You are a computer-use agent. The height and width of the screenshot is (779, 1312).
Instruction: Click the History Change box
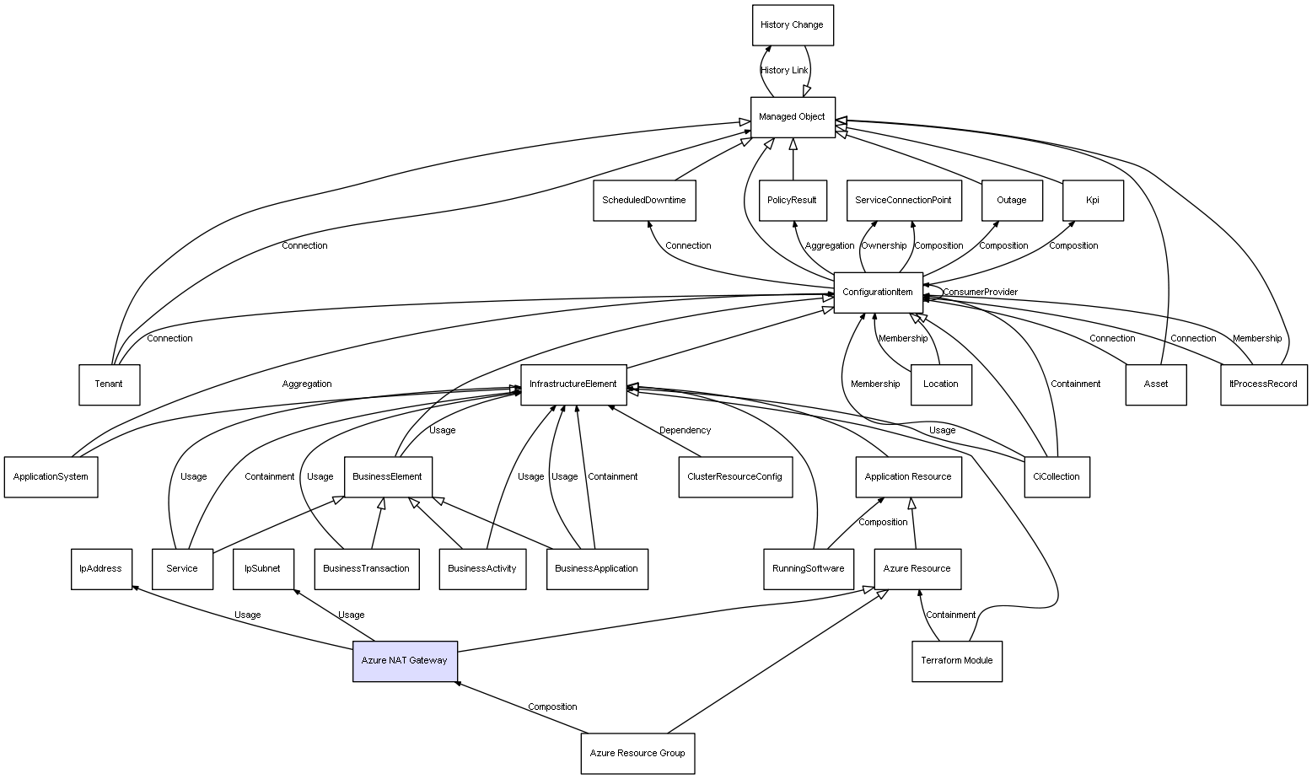tap(793, 25)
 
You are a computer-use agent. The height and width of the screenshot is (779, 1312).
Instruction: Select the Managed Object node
tap(793, 117)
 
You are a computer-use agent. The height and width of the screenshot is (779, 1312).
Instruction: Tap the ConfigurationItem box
tap(878, 293)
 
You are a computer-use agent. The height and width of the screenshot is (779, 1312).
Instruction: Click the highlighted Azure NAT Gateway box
tap(405, 661)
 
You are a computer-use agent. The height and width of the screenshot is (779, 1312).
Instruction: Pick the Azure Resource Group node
tap(637, 754)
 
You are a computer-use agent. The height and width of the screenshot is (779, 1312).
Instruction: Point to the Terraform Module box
tap(957, 661)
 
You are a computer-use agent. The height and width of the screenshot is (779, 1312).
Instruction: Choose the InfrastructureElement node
tap(573, 384)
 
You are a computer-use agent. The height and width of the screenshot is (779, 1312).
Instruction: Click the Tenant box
tap(109, 384)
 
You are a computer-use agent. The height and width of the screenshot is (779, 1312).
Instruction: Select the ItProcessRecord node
tap(1263, 384)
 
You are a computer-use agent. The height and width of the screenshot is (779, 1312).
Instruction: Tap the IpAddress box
tap(101, 569)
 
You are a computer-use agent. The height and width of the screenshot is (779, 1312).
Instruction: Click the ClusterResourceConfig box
tap(735, 477)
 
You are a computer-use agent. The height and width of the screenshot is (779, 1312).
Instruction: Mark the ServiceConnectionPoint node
tap(903, 201)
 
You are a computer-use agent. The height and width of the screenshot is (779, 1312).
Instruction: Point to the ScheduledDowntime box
tap(644, 201)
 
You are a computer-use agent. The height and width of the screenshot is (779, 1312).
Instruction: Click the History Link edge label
tap(784, 71)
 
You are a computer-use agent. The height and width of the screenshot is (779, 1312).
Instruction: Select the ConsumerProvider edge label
tap(980, 293)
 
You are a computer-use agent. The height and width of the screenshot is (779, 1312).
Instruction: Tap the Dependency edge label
tap(685, 431)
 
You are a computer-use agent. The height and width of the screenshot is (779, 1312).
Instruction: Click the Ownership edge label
tap(884, 246)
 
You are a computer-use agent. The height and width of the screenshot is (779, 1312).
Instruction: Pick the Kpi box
tap(1093, 201)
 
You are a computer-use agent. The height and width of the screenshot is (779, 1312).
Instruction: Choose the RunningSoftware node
tap(808, 569)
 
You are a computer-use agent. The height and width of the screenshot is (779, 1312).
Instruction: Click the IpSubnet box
tap(263, 569)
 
